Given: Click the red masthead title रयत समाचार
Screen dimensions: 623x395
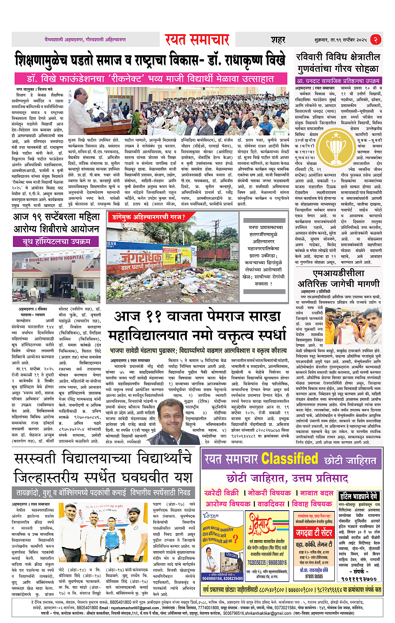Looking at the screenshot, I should tap(197, 40).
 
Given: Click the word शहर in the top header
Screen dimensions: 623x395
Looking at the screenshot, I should tap(278, 40).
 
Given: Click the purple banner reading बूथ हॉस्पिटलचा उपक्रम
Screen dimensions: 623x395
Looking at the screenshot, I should tap(57, 242).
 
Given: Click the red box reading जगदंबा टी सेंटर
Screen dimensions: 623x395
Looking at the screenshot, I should tap(314, 533).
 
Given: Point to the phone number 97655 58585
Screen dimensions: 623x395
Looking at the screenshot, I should tap(313, 576).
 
